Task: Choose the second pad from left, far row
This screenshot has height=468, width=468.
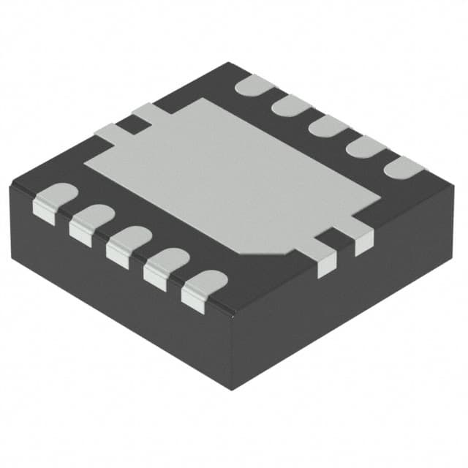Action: click(291, 105)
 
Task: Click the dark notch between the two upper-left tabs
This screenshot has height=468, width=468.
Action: click(132, 125)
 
